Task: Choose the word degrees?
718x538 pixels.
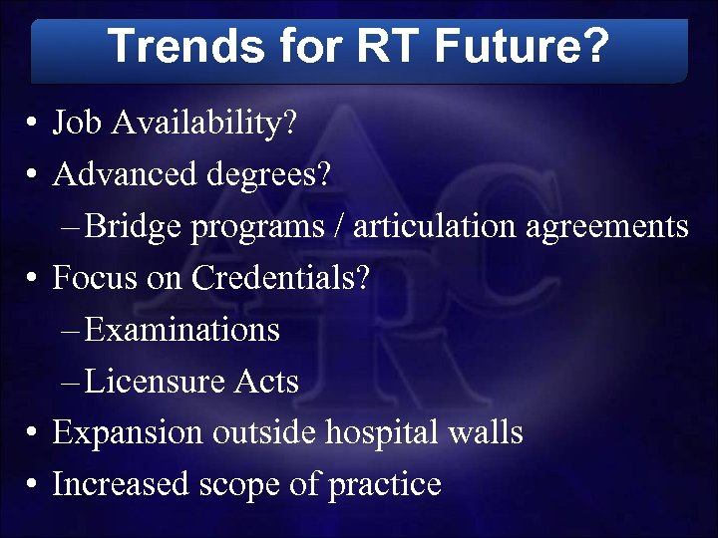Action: pyautogui.click(x=270, y=175)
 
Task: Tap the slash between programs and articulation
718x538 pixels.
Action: pyautogui.click(x=340, y=227)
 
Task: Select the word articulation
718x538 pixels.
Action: pyautogui.click(x=435, y=227)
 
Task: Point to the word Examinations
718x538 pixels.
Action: pyautogui.click(x=182, y=330)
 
